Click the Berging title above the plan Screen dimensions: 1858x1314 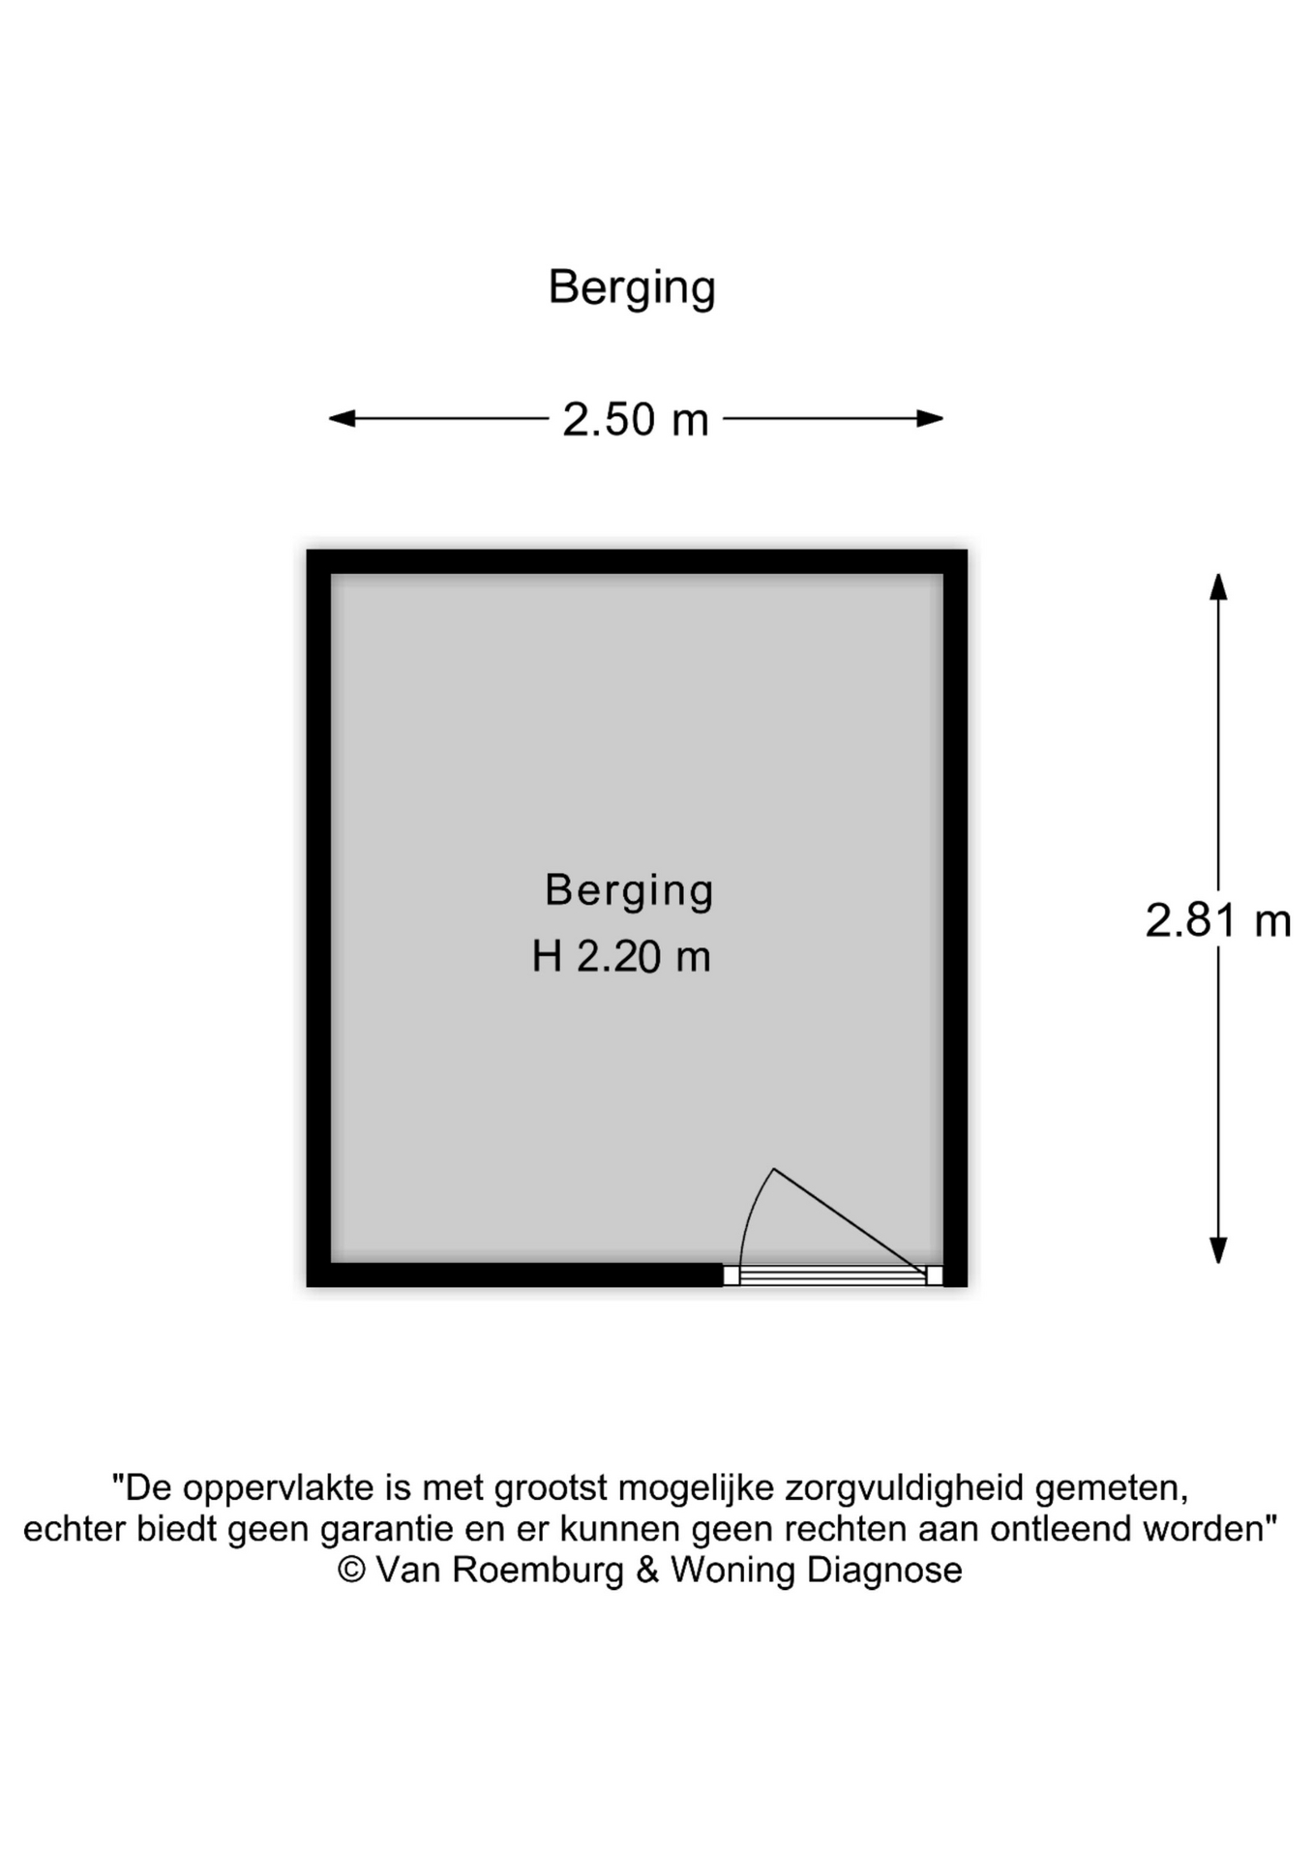(631, 287)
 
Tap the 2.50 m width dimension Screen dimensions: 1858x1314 (636, 420)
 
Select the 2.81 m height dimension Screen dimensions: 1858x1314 (1217, 920)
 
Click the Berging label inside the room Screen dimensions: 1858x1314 (629, 890)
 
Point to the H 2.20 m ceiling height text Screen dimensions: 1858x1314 (621, 957)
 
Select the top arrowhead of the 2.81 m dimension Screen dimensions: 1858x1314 (1218, 586)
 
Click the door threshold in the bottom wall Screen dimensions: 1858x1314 (832, 1276)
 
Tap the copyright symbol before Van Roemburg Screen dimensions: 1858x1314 (351, 1570)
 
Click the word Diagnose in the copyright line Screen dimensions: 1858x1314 (884, 1570)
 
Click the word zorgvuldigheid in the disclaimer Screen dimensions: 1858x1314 (904, 1487)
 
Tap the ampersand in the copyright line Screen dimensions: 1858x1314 (646, 1570)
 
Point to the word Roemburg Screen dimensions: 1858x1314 (539, 1570)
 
